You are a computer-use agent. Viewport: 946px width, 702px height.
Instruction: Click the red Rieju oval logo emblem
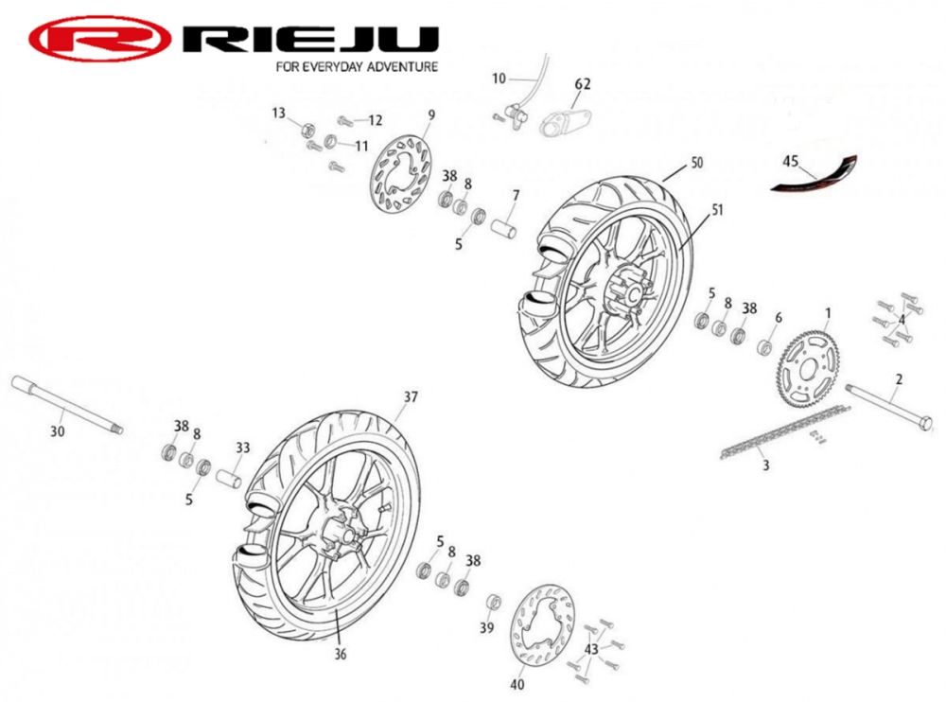[x=99, y=40]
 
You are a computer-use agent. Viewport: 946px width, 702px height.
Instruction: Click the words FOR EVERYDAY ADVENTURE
[x=356, y=67]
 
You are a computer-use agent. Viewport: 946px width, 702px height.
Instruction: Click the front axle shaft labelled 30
[x=66, y=408]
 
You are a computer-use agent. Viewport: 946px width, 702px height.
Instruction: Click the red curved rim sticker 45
[x=815, y=179]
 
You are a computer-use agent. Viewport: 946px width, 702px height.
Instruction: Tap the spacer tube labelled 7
[x=505, y=230]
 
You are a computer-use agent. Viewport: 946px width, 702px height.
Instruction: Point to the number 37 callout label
[x=410, y=397]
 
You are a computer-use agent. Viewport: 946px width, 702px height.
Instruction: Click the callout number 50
[x=696, y=163]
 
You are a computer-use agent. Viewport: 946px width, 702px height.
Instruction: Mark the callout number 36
[x=341, y=652]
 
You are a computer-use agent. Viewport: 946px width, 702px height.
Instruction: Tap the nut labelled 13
[x=307, y=129]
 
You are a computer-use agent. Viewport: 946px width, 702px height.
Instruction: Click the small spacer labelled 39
[x=493, y=604]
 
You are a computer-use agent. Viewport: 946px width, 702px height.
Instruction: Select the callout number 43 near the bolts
[x=591, y=649]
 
